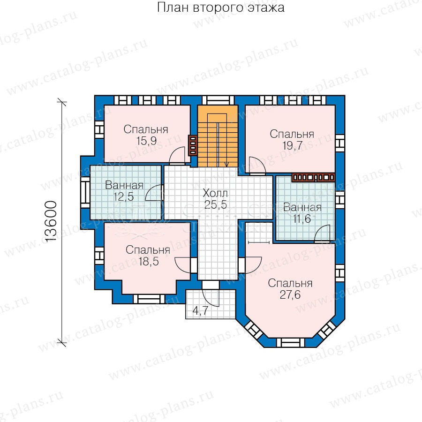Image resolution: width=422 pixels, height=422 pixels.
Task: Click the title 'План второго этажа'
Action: click(x=220, y=7)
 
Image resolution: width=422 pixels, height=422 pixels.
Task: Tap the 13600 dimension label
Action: click(x=51, y=222)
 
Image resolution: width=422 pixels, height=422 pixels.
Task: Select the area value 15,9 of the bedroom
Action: click(x=146, y=141)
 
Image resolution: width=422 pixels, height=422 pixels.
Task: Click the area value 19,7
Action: click(x=292, y=146)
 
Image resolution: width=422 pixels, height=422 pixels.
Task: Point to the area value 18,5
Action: click(x=149, y=261)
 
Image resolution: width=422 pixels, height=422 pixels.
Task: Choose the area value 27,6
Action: click(x=290, y=295)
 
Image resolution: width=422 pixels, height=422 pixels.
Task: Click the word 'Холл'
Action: click(x=215, y=193)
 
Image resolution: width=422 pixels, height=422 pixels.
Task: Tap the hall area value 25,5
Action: click(x=215, y=204)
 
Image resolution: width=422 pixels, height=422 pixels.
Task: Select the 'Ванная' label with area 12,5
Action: click(x=124, y=185)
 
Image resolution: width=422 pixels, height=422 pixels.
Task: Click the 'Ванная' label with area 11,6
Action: click(x=302, y=207)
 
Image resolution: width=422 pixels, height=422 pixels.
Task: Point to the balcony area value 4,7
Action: click(x=201, y=310)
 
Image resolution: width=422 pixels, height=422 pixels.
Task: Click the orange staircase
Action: click(x=218, y=136)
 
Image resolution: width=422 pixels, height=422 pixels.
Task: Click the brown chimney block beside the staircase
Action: click(x=192, y=145)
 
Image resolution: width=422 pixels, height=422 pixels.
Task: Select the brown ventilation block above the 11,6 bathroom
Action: click(x=313, y=178)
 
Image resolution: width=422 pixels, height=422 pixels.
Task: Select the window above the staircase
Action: click(x=218, y=100)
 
